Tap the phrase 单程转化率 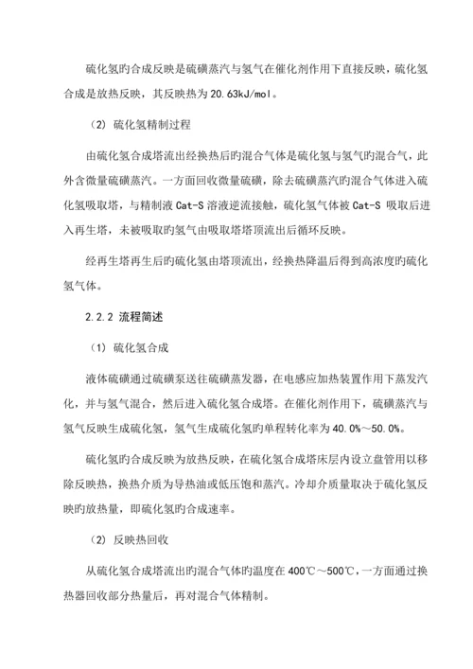(296, 431)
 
